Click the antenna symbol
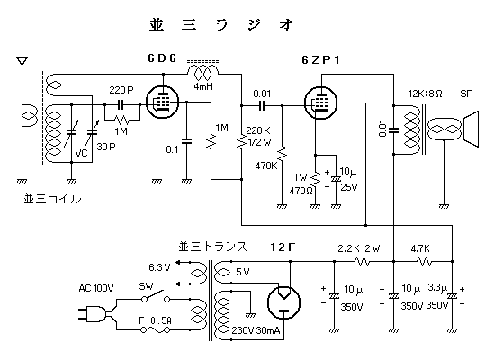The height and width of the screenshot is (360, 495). (x=22, y=61)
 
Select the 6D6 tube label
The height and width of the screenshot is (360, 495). (x=162, y=58)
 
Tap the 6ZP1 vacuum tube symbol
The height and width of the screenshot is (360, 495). (x=320, y=103)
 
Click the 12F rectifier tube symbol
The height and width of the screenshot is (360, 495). (x=283, y=302)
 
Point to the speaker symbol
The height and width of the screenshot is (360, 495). (x=471, y=129)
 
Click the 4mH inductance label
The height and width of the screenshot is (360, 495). (x=203, y=86)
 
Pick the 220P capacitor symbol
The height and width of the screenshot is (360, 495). (x=121, y=104)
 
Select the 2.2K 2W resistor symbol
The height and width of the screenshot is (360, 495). (x=363, y=262)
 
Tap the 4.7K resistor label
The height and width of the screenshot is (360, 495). (x=420, y=248)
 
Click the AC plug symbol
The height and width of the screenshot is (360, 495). (x=94, y=314)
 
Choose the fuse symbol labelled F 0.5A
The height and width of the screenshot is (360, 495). (x=156, y=330)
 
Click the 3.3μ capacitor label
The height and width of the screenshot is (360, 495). (x=437, y=288)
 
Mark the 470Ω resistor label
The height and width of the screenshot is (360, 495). (x=301, y=191)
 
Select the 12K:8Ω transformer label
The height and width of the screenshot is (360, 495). (x=425, y=94)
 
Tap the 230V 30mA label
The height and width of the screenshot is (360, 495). (x=256, y=330)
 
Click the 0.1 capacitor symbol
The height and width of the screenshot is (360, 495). (x=186, y=140)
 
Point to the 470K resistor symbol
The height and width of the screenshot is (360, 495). (x=282, y=154)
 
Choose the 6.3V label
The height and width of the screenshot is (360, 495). (x=159, y=267)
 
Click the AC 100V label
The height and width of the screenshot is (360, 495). (x=96, y=288)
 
